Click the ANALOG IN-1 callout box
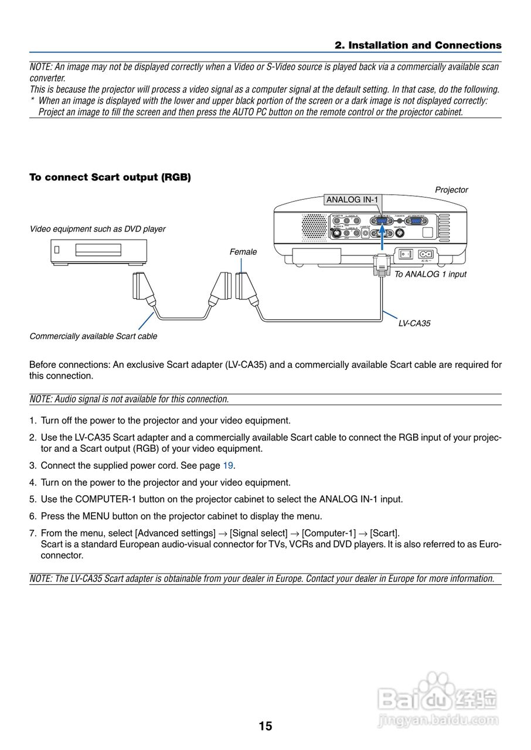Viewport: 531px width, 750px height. coord(352,200)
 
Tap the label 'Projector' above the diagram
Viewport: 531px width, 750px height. coord(451,190)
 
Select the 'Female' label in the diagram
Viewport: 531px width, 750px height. coord(243,252)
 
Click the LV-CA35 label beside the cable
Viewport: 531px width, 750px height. coord(414,323)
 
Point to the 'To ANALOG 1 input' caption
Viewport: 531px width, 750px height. coord(430,274)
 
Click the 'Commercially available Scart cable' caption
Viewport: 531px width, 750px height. coord(93,336)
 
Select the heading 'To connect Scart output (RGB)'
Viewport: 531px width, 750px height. coord(110,177)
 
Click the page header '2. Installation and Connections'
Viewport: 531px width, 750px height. coord(418,45)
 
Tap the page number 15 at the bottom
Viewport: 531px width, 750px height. coord(265,727)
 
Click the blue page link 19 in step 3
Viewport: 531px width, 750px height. coord(228,466)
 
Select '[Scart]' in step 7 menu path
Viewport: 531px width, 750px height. coord(385,533)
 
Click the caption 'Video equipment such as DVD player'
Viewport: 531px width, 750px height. coord(97,229)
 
